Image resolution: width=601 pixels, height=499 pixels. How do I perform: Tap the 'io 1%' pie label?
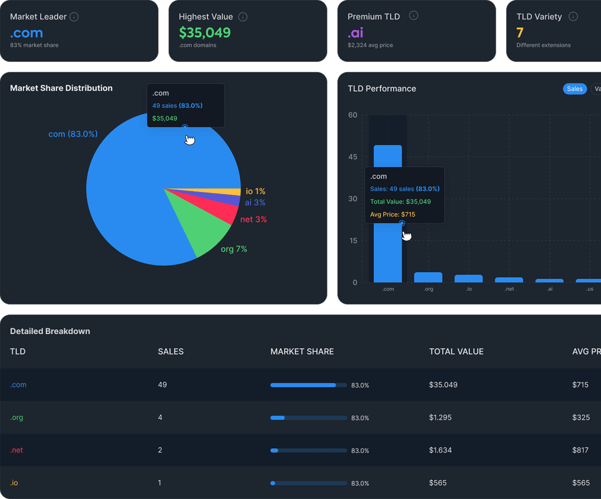(x=255, y=191)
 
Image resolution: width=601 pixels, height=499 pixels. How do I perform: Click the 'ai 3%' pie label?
(x=255, y=203)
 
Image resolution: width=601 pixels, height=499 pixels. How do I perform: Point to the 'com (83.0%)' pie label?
(x=73, y=134)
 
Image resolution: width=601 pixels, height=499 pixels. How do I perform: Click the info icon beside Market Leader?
(x=74, y=17)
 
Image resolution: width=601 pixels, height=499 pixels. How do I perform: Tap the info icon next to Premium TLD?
(x=414, y=16)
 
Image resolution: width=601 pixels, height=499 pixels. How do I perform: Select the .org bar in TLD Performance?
(x=428, y=277)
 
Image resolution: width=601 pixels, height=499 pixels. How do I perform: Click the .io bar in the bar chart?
(x=469, y=279)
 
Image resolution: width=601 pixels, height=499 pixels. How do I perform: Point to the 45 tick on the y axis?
(x=353, y=157)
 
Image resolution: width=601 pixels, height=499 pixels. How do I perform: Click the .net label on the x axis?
(x=509, y=289)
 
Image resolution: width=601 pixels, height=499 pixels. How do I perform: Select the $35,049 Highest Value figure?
(x=205, y=33)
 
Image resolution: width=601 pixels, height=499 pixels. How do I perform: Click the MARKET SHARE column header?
(x=302, y=352)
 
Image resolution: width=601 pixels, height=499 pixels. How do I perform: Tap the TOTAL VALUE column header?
(x=456, y=352)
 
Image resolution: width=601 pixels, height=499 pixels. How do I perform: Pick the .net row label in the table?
(x=17, y=450)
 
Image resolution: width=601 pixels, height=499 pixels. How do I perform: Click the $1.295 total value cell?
(x=440, y=417)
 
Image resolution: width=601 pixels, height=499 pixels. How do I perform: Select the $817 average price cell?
(x=580, y=450)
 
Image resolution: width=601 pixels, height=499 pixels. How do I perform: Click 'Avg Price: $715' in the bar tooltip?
(x=392, y=215)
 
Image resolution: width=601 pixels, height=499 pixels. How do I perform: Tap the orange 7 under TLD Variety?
(x=520, y=33)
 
